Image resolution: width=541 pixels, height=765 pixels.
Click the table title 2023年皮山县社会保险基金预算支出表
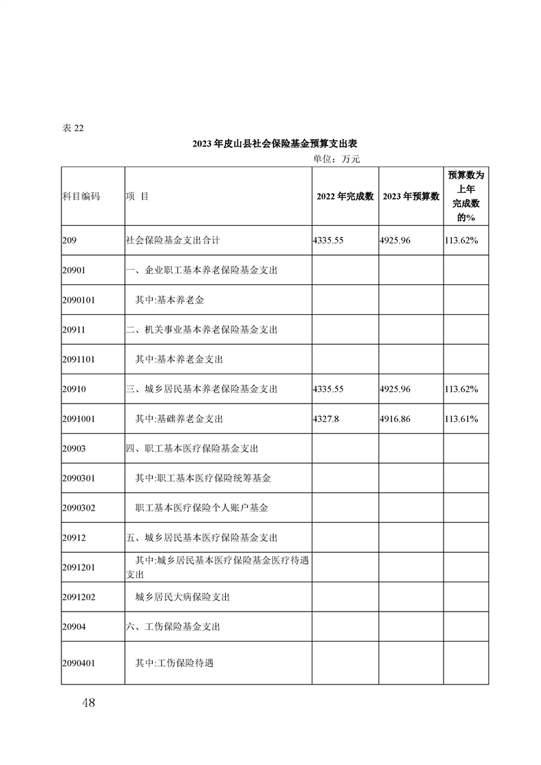click(275, 144)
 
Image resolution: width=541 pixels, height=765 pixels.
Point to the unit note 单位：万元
click(336, 159)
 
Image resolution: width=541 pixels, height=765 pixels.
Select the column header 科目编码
click(81, 196)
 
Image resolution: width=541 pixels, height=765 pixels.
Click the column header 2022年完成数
click(345, 196)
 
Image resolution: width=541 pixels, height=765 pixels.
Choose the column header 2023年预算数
click(411, 196)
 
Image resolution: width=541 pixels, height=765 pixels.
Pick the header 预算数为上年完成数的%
click(466, 196)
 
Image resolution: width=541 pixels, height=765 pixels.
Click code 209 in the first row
click(68, 241)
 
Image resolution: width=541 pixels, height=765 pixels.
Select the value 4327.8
click(325, 419)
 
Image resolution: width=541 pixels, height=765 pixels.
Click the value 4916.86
click(395, 419)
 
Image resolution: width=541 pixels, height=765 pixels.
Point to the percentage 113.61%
click(460, 419)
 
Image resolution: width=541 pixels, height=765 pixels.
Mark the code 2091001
click(78, 419)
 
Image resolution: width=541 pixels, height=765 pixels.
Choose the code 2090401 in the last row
click(78, 662)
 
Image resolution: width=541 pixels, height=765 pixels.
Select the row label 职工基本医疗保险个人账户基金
click(202, 508)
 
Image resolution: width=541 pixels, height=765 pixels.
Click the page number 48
click(88, 703)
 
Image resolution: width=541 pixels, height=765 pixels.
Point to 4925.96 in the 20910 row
click(395, 389)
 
